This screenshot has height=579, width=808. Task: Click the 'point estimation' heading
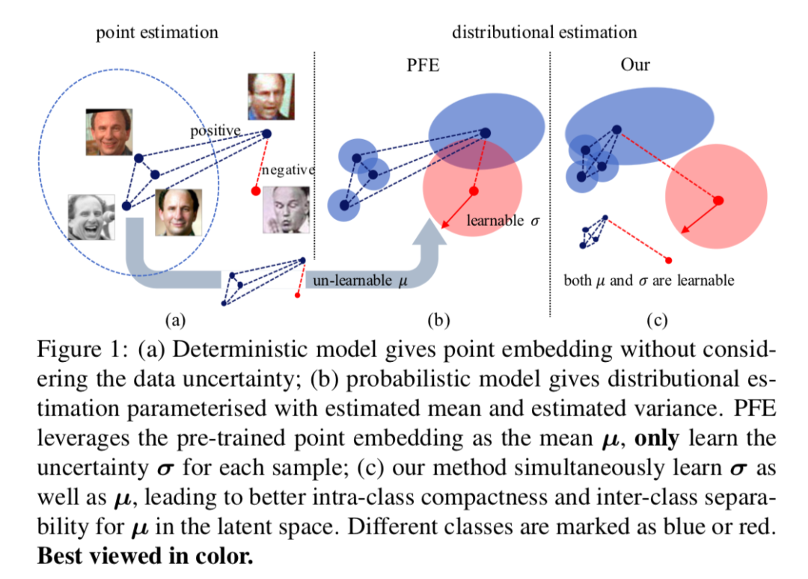point(157,32)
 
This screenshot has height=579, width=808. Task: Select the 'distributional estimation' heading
point(544,32)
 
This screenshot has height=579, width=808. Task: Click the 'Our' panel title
point(635,65)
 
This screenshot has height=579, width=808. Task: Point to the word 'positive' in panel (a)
point(215,131)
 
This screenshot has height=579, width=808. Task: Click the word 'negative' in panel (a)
point(287,171)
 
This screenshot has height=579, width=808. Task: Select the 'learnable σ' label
point(503,221)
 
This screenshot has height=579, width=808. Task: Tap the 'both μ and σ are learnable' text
point(649,281)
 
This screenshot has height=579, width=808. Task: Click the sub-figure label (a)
point(174,321)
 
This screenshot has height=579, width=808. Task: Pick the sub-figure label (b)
point(438,321)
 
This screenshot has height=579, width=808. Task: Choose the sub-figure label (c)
point(656,321)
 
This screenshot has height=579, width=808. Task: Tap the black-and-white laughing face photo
point(91,217)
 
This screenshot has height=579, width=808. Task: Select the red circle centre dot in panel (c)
point(718,200)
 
